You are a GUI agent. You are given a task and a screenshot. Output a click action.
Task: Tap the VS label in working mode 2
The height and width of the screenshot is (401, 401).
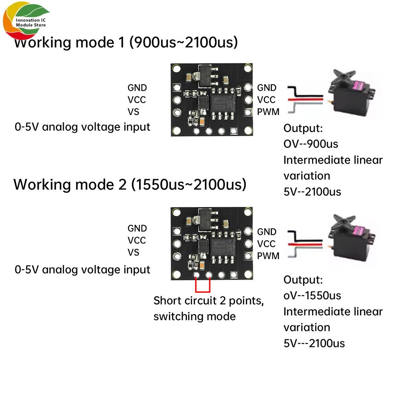(x=134, y=252)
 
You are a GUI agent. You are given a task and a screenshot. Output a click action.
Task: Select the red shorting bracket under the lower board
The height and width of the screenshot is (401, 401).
(x=203, y=286)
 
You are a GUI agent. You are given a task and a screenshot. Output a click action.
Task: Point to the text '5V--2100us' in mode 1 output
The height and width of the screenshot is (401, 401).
(x=312, y=191)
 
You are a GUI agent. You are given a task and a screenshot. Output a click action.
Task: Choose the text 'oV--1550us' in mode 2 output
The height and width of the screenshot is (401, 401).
(x=312, y=296)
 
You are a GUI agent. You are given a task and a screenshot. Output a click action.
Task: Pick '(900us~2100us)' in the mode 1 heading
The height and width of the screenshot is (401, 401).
(x=183, y=42)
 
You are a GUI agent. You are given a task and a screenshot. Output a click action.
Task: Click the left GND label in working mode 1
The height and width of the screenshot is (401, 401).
(x=137, y=87)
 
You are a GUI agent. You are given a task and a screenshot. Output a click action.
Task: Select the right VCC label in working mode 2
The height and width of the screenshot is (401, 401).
(x=267, y=244)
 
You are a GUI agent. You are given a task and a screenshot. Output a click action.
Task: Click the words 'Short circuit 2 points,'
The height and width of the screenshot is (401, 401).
(x=209, y=301)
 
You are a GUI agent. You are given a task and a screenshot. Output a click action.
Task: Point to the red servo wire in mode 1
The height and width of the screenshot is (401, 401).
(x=305, y=97)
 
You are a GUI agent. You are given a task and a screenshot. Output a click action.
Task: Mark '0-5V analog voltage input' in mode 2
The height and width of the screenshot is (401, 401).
(x=82, y=269)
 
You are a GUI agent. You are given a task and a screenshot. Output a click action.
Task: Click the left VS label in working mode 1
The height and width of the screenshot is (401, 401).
(x=134, y=111)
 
